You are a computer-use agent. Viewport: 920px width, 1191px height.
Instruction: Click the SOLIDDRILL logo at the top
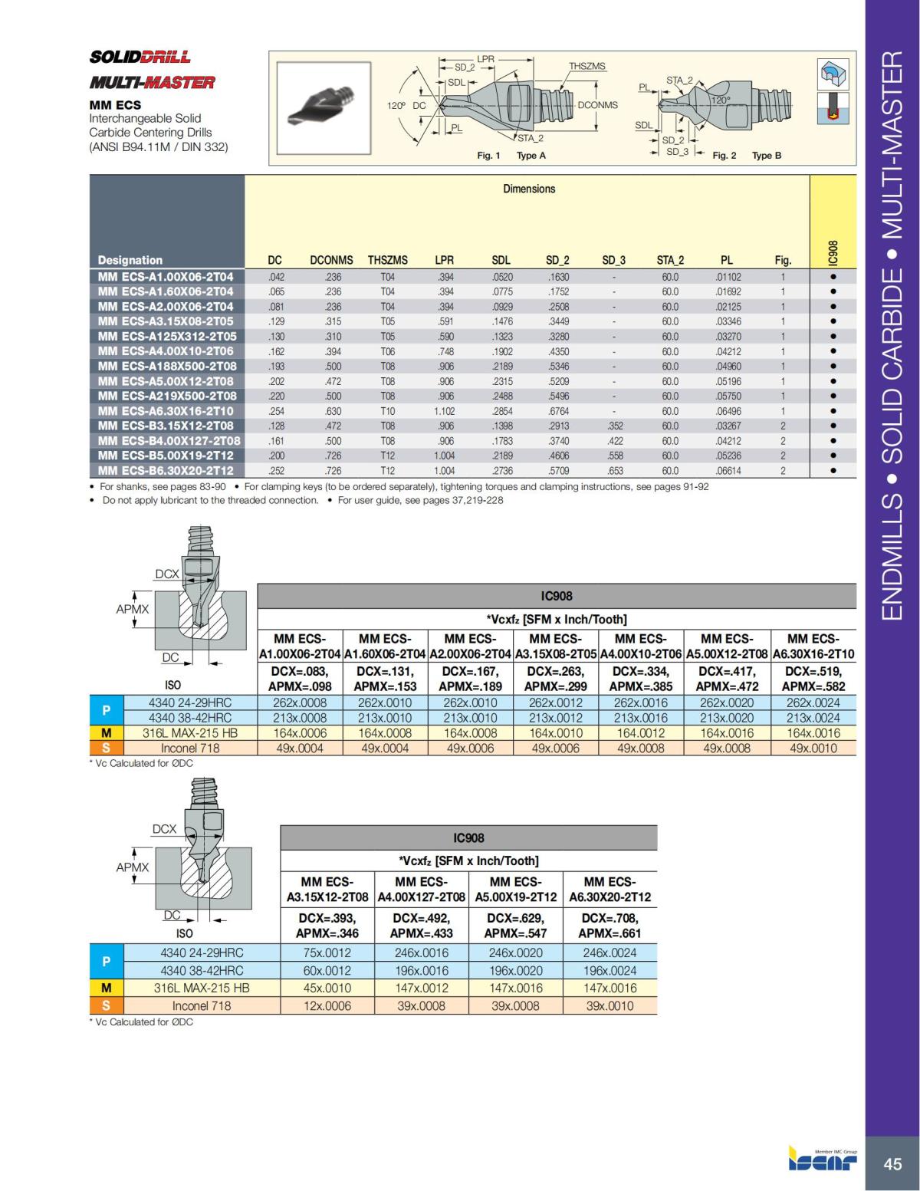tap(140, 57)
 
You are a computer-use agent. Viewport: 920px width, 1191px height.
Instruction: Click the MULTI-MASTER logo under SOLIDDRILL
tap(152, 82)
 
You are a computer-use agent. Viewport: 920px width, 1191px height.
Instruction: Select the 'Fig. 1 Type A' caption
tap(511, 156)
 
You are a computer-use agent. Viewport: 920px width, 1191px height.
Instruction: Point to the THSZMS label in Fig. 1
tap(587, 66)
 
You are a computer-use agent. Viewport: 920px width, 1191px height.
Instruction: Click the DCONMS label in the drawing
tap(597, 105)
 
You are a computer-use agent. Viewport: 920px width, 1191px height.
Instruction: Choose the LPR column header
tap(444, 260)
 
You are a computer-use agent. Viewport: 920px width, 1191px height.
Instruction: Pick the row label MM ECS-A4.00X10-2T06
tap(166, 351)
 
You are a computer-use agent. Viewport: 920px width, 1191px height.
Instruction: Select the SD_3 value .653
tap(615, 471)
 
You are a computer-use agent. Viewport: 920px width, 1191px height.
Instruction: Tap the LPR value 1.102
tap(444, 411)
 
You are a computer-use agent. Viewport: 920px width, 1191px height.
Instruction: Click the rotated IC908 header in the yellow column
tap(833, 254)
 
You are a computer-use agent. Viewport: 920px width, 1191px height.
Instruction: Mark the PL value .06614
tap(728, 471)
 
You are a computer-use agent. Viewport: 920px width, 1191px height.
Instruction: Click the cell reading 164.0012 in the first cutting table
tap(641, 733)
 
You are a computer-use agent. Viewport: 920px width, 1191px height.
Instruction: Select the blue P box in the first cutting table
tap(106, 710)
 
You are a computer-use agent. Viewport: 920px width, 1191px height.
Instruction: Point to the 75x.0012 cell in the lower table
tap(327, 953)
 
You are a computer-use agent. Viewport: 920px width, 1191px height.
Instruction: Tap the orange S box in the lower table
tap(106, 1005)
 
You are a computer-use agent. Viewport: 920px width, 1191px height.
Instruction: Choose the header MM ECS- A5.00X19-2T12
tap(515, 890)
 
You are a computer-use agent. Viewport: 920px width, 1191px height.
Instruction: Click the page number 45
tap(892, 1164)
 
